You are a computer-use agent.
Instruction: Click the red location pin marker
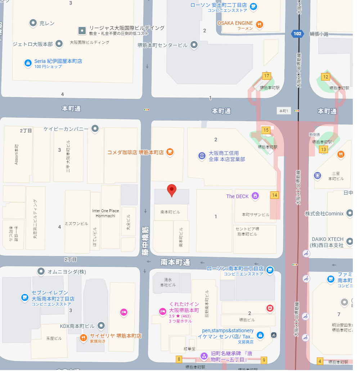pos(172,190)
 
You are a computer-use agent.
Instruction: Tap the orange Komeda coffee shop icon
pos(170,152)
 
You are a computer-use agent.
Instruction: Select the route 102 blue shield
pos(297,34)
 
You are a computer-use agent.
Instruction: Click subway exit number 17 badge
pos(266,76)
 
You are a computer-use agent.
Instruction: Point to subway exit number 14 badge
pos(275,195)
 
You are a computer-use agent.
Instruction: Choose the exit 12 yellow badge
pos(325,76)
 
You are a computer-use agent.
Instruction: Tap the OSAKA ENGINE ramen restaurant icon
pos(260,24)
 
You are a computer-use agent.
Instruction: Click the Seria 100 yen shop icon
pos(28,63)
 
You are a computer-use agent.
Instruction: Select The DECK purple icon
pos(255,196)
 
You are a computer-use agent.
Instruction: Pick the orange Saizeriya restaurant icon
pos(83,338)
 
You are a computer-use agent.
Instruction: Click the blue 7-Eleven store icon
pos(25,297)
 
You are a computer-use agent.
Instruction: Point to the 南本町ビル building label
pos(170,212)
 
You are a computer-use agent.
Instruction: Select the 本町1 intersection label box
pos(284,110)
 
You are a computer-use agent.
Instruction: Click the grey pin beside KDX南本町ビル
pos(102,325)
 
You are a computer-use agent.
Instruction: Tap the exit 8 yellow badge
pos(179,359)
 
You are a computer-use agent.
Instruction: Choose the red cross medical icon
pos(270,308)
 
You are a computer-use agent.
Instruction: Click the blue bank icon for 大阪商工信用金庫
pos(202,156)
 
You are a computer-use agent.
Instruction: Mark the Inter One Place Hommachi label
pos(105,213)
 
